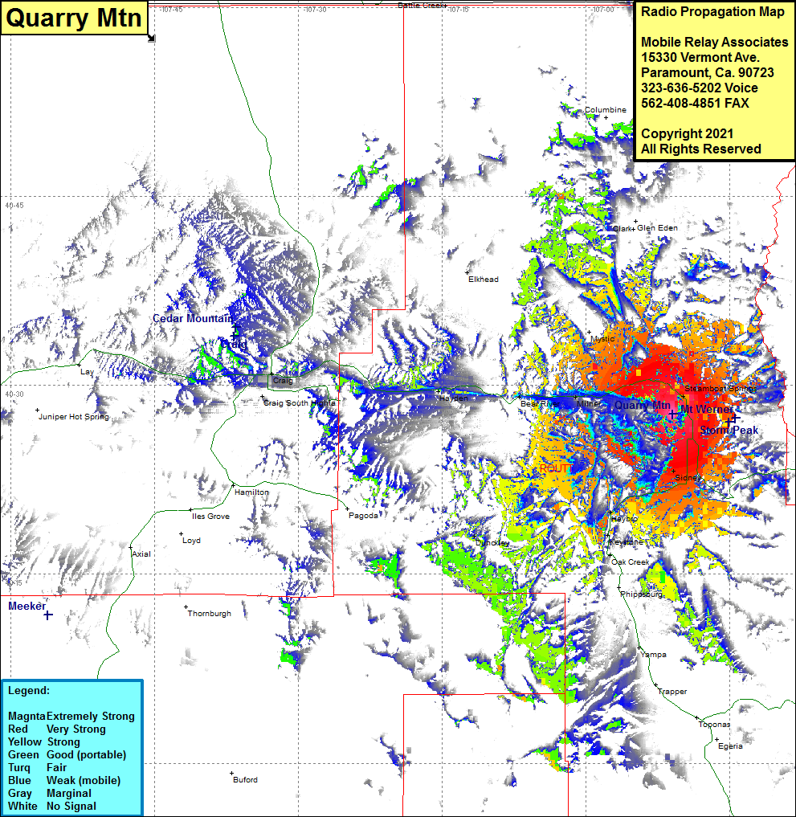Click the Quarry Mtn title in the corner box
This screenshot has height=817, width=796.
tap(74, 18)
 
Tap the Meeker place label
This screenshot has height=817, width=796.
tap(27, 607)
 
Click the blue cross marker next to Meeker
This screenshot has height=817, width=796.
tap(48, 615)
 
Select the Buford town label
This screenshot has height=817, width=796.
tap(245, 780)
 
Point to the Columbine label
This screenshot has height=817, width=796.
tap(605, 110)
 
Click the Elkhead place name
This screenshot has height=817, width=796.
tap(484, 280)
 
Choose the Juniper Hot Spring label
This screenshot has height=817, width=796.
tap(74, 417)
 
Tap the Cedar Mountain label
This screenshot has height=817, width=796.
tap(193, 319)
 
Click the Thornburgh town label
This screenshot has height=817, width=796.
tap(209, 614)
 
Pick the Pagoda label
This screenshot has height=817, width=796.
tap(363, 516)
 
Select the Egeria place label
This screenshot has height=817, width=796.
tap(730, 746)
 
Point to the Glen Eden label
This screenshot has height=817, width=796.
tap(657, 228)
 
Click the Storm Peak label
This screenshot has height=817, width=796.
tap(729, 431)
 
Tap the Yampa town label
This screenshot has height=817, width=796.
tap(654, 655)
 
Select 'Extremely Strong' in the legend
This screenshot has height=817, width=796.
tap(90, 717)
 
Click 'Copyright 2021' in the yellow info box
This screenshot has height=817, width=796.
tap(687, 133)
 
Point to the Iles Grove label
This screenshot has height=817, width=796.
tap(210, 517)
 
